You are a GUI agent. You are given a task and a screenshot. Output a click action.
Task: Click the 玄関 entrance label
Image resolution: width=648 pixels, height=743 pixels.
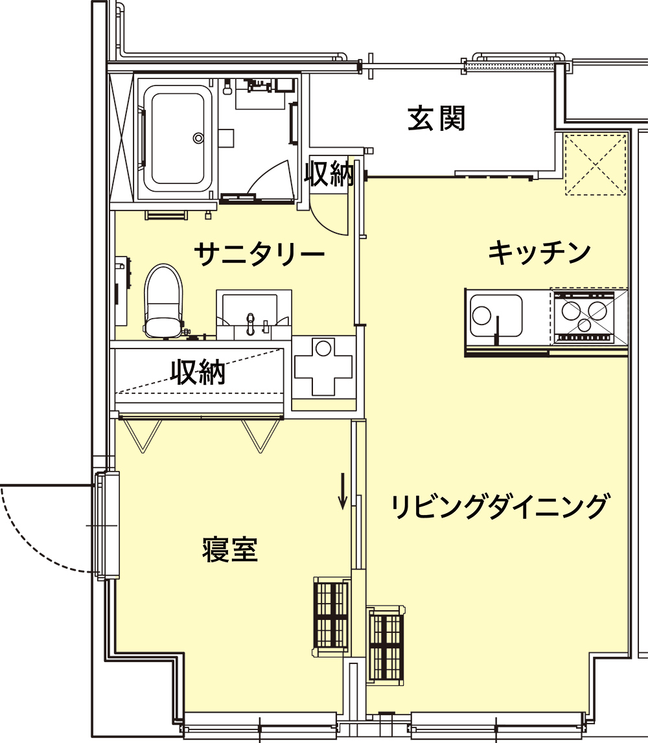[436, 119]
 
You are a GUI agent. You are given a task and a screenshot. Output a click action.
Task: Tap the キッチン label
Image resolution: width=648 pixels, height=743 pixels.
[539, 253]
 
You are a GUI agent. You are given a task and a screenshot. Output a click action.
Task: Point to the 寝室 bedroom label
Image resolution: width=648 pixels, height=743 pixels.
[230, 550]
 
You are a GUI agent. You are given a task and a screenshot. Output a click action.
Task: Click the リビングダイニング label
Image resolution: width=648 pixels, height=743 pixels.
[500, 506]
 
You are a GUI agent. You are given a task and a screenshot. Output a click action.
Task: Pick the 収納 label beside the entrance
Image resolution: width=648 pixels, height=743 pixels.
[330, 174]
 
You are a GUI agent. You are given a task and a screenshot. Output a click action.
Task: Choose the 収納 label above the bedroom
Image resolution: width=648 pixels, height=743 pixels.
[198, 372]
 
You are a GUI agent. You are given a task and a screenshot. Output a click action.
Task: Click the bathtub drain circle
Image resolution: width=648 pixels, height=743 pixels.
[198, 137]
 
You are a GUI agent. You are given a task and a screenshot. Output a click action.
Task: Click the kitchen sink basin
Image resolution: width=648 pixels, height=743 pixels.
[496, 315]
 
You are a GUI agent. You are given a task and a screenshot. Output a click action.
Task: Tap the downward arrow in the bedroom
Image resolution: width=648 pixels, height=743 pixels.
[343, 492]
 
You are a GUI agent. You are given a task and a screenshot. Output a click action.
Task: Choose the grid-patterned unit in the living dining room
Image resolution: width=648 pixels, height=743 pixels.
[386, 645]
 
